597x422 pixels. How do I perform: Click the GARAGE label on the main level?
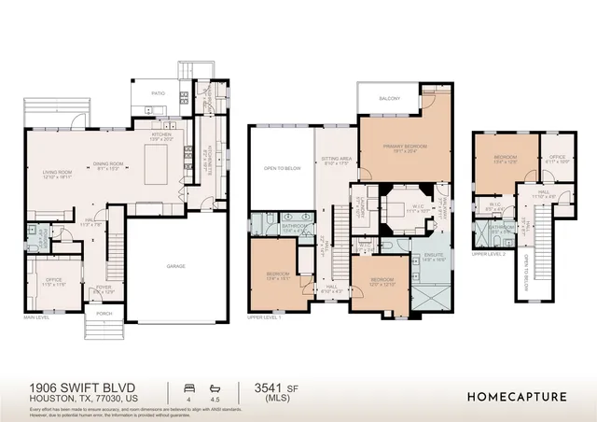(x=175, y=266)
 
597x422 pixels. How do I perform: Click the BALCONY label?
(x=390, y=97)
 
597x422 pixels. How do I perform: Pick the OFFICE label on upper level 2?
(x=558, y=157)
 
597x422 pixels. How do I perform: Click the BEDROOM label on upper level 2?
(x=505, y=157)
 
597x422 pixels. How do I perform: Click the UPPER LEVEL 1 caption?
(x=267, y=318)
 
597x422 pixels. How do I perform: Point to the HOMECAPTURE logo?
(x=517, y=395)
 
